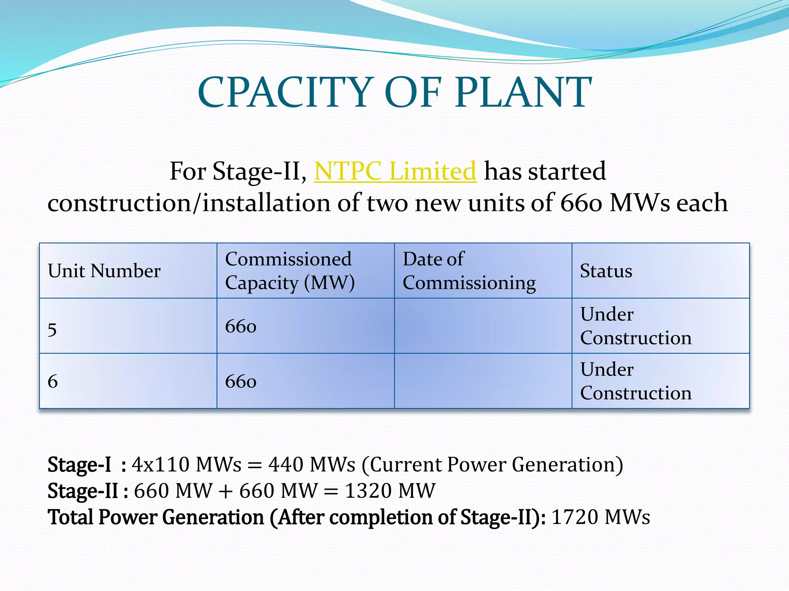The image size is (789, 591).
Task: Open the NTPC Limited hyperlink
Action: click(395, 171)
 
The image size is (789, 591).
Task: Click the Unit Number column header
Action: click(104, 271)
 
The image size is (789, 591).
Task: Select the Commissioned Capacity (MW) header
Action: click(290, 271)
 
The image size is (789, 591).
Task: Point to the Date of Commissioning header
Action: click(469, 271)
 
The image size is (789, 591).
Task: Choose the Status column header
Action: click(606, 271)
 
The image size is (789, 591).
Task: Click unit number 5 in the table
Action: click(52, 330)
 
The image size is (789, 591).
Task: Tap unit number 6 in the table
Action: click(53, 381)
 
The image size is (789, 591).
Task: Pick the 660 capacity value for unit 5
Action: click(241, 327)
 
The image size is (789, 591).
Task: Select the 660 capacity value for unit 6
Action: click(241, 382)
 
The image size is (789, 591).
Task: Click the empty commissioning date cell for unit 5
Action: click(483, 326)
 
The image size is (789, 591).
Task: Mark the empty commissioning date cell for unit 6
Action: click(483, 381)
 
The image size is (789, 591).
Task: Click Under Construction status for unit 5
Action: click(636, 326)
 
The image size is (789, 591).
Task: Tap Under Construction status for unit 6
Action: click(636, 381)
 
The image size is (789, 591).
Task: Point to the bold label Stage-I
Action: click(79, 465)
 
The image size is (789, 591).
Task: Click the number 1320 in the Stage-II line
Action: click(368, 491)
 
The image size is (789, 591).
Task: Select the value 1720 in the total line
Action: click(575, 517)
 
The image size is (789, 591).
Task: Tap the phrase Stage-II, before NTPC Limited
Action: click(259, 171)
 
